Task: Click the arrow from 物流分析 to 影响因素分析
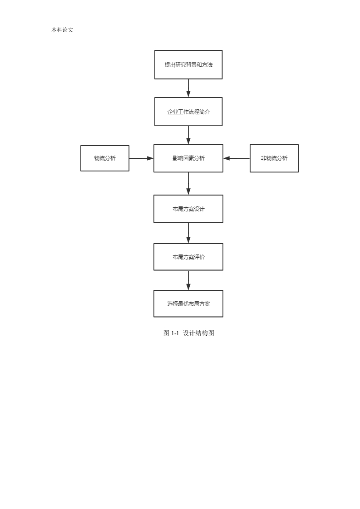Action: (x=141, y=158)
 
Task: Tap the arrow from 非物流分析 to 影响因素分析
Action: (x=237, y=158)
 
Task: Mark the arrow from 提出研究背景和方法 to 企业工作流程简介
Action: (x=188, y=88)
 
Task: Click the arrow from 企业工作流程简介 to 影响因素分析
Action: (x=188, y=135)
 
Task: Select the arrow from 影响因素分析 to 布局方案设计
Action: (x=188, y=183)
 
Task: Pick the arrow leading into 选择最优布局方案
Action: (x=188, y=280)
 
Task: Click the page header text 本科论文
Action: (x=62, y=30)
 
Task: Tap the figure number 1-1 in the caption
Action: (x=175, y=333)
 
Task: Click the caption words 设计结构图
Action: (x=198, y=333)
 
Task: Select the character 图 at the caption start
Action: (x=166, y=333)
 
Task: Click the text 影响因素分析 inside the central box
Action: (x=188, y=158)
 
